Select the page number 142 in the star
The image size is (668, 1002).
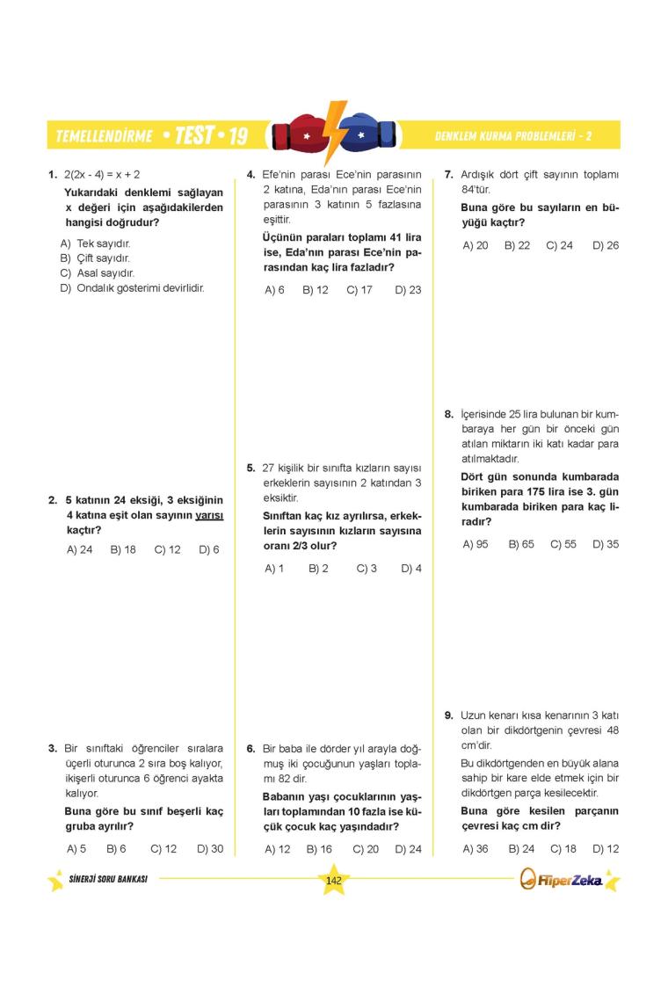(x=333, y=882)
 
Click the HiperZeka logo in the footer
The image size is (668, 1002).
(x=563, y=880)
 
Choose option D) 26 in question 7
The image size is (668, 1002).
(x=606, y=246)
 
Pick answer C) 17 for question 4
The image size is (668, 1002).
(x=359, y=290)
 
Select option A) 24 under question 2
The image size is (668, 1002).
(x=79, y=549)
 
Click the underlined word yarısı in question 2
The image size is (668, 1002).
(x=209, y=516)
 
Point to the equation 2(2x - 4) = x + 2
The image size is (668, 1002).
(x=102, y=175)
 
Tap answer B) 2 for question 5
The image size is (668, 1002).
(x=318, y=569)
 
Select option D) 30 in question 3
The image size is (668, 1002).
(x=210, y=849)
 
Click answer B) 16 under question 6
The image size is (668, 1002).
(x=319, y=849)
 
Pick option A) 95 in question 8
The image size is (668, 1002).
(x=476, y=544)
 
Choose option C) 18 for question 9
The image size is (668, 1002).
(x=563, y=849)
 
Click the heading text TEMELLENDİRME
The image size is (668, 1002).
(x=104, y=136)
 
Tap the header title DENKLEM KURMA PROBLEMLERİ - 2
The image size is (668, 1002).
(x=512, y=136)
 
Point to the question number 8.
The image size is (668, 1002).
(x=448, y=414)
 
